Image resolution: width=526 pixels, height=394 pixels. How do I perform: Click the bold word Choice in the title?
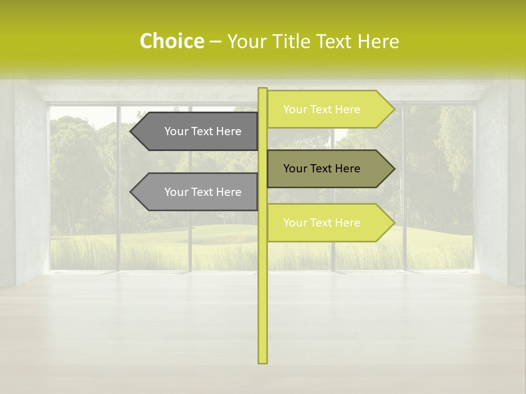click(171, 42)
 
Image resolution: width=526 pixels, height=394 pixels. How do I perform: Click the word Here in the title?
click(379, 42)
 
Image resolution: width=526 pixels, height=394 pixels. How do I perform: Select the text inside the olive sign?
click(322, 169)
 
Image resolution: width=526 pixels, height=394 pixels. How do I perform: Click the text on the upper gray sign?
click(203, 131)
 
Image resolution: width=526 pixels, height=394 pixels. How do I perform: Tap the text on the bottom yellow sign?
click(322, 223)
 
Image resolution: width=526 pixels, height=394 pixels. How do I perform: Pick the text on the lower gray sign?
click(203, 192)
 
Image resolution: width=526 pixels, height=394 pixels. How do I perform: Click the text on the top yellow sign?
click(322, 109)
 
